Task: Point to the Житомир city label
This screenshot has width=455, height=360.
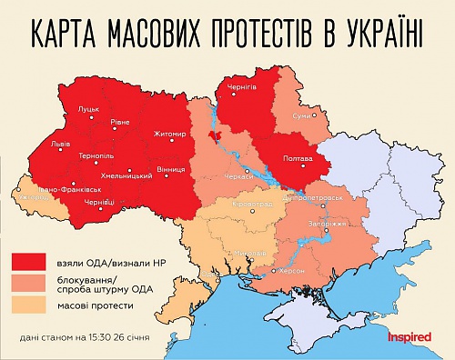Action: coord(171,134)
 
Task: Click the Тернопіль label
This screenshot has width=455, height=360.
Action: coord(96,155)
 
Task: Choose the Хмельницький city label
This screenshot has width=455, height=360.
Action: coord(124,174)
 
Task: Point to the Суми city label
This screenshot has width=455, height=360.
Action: coord(302,115)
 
